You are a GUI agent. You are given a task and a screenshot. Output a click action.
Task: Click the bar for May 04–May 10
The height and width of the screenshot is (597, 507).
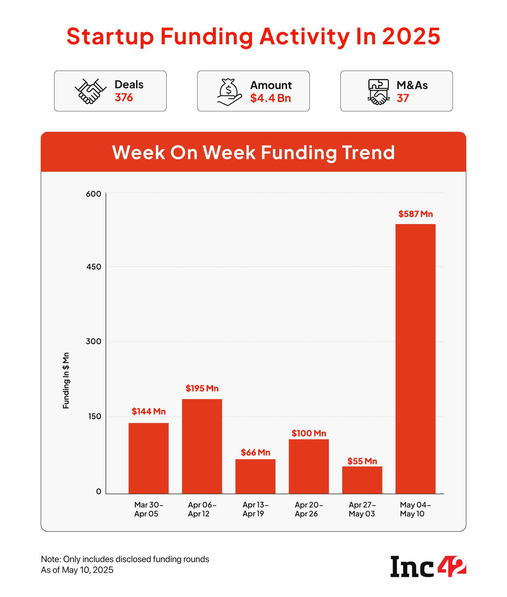(415, 359)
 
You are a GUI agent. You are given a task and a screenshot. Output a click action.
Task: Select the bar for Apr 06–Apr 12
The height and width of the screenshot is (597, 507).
(202, 446)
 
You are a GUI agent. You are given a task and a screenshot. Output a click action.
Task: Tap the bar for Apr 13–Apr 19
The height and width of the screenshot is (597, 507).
(255, 476)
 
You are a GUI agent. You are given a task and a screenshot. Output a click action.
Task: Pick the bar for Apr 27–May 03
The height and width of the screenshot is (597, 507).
(362, 480)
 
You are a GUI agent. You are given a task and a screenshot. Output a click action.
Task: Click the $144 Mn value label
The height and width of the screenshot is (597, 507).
(148, 412)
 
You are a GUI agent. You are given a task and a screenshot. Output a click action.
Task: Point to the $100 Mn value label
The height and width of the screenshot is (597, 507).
(309, 433)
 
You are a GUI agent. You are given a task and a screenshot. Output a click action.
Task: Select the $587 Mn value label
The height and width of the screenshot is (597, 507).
(415, 214)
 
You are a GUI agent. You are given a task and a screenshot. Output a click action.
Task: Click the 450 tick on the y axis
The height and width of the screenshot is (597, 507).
(94, 267)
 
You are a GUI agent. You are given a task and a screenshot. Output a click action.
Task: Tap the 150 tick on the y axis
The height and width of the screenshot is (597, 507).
(94, 416)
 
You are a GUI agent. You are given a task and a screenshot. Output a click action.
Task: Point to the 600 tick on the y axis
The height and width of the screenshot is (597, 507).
(94, 194)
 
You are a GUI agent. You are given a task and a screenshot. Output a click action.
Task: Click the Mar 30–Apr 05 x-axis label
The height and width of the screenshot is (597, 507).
(148, 510)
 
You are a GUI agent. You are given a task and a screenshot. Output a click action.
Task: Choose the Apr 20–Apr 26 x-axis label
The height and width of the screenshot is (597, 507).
(309, 510)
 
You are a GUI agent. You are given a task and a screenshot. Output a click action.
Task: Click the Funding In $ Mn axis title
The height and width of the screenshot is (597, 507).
(66, 380)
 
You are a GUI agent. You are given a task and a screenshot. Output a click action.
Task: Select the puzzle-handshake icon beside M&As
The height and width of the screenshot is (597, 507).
(378, 92)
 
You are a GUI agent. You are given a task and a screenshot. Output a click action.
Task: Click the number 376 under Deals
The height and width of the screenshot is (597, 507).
(124, 98)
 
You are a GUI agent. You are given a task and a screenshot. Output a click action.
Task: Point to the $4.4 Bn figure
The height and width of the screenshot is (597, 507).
(270, 98)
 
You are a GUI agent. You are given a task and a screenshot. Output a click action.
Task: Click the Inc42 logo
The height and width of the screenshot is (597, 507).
(428, 566)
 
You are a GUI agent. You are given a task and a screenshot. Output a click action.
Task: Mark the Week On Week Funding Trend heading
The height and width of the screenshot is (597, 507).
(253, 152)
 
